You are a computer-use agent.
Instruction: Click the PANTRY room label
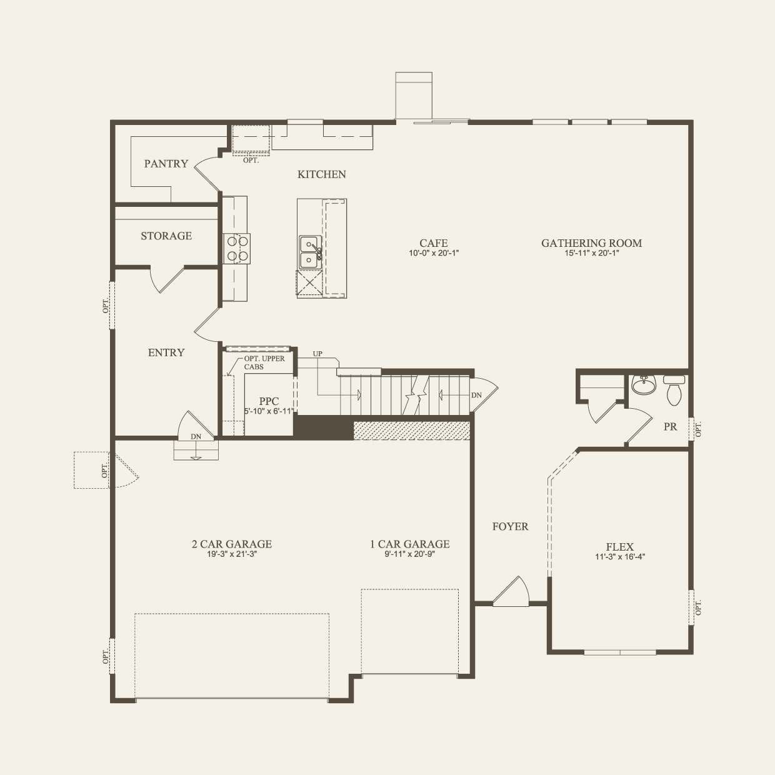tap(166, 164)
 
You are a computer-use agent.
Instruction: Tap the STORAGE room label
tap(166, 236)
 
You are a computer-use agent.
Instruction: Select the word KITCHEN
tap(321, 174)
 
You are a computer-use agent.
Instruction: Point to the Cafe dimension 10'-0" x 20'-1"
tap(434, 254)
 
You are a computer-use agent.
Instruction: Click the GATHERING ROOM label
tap(591, 243)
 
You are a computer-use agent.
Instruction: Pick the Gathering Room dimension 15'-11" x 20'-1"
tap(591, 254)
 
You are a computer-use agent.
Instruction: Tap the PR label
tap(670, 427)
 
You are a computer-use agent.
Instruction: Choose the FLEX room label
tap(619, 546)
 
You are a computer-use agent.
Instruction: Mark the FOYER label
tap(510, 527)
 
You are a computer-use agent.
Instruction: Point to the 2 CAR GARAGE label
tap(231, 544)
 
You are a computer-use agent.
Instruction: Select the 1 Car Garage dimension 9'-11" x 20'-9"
tap(409, 554)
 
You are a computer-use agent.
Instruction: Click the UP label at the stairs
tap(317, 354)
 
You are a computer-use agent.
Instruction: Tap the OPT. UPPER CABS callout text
tap(264, 362)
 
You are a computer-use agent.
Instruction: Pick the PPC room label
tap(269, 401)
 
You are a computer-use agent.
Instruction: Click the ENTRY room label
tap(166, 352)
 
